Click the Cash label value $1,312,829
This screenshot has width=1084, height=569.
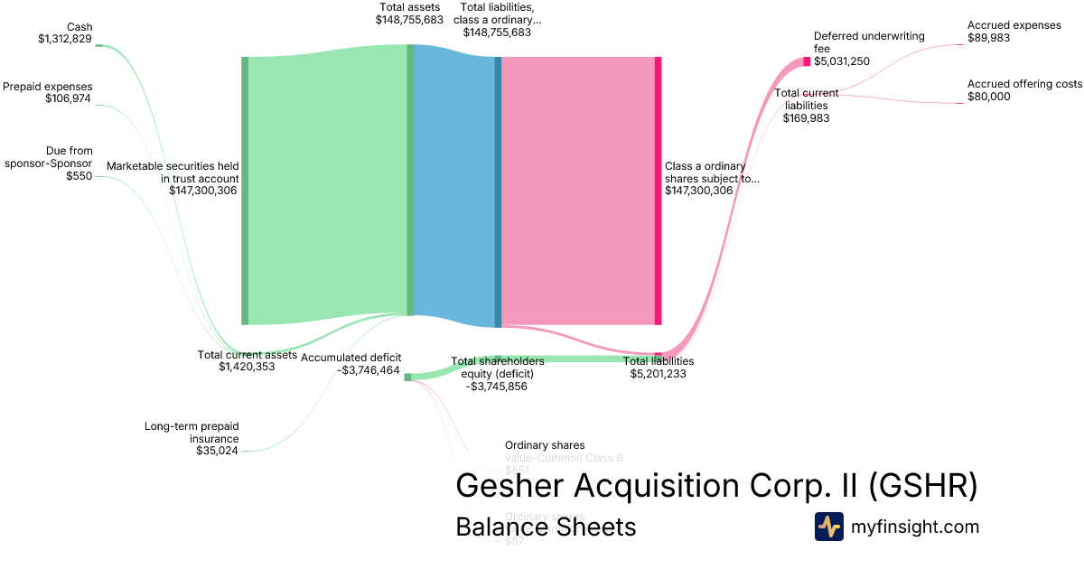[65, 39]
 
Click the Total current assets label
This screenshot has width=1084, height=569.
[247, 355]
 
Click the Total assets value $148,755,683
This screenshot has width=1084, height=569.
[409, 19]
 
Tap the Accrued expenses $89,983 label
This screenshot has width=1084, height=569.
[1014, 32]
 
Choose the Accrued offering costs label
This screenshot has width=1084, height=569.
[1024, 90]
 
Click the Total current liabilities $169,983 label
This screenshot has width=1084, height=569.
[807, 105]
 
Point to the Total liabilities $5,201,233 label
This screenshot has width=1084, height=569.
[659, 367]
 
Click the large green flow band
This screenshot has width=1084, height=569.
[327, 190]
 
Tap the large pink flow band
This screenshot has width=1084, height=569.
[577, 190]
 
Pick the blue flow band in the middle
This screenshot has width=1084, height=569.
[453, 190]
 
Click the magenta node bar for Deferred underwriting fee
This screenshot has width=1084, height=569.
[807, 61]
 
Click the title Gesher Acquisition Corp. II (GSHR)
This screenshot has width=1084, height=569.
[716, 485]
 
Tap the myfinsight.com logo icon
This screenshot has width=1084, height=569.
[828, 527]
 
